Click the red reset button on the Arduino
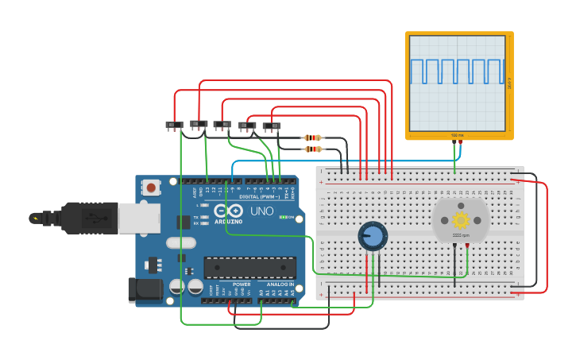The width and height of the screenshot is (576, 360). coord(150,188)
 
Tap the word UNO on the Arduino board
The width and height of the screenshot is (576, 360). coord(261,211)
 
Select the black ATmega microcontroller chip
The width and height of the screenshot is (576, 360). coord(250,268)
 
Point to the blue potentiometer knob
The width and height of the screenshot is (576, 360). coord(372,236)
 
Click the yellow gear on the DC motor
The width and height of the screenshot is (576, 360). coord(461,219)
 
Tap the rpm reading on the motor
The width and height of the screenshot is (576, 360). coord(461,235)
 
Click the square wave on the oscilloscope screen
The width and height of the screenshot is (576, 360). coord(457,72)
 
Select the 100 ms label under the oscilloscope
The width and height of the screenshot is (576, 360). coord(458,135)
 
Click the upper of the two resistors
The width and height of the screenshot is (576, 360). coord(313,137)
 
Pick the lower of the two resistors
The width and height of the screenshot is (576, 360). coord(313,149)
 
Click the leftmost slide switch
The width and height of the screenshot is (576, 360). coord(174,125)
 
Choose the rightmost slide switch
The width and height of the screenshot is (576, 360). coord(272,126)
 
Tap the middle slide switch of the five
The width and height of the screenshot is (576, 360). coord(222,125)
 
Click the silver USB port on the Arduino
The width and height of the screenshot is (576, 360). coord(138,217)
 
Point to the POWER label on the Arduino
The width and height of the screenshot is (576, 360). coord(242,284)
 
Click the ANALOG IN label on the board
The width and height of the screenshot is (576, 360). coord(280,284)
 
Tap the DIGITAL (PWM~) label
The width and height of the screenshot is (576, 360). coord(256,195)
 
